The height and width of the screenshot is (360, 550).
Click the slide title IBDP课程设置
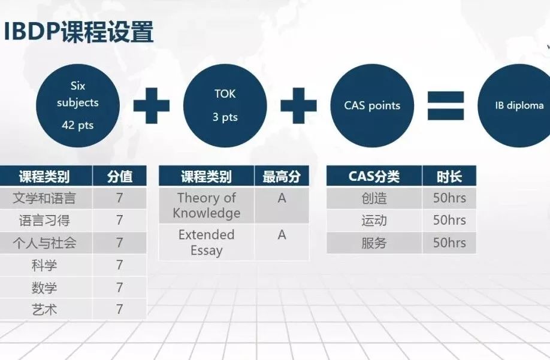[x=78, y=32]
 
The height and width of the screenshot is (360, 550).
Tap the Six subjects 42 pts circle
[x=77, y=105]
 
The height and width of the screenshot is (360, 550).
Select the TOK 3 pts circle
[x=225, y=105]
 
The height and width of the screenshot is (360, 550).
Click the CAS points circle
[x=372, y=105]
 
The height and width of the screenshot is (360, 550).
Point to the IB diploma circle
[x=516, y=105]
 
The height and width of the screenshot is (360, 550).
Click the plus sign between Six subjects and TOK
[x=152, y=105]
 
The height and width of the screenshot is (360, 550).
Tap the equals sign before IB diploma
[x=446, y=105]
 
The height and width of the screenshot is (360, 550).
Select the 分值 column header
[x=120, y=176]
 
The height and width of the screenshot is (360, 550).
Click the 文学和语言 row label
[x=44, y=198]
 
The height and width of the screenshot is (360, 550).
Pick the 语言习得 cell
[x=44, y=220]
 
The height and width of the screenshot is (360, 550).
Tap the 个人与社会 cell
[x=44, y=243]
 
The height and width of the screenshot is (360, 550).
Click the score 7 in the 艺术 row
[x=120, y=309]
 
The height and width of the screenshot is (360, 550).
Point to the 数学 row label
[x=44, y=288]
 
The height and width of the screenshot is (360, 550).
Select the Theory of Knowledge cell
[x=207, y=205]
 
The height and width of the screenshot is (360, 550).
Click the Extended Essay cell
[x=207, y=242]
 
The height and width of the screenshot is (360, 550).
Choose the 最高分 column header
[x=282, y=176]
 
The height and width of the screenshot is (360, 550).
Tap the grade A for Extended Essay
[x=282, y=235]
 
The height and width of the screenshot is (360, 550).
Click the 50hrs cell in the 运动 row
[x=449, y=220]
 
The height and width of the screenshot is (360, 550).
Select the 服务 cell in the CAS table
[x=374, y=243]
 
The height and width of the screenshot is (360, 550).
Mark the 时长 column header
[x=449, y=176]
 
